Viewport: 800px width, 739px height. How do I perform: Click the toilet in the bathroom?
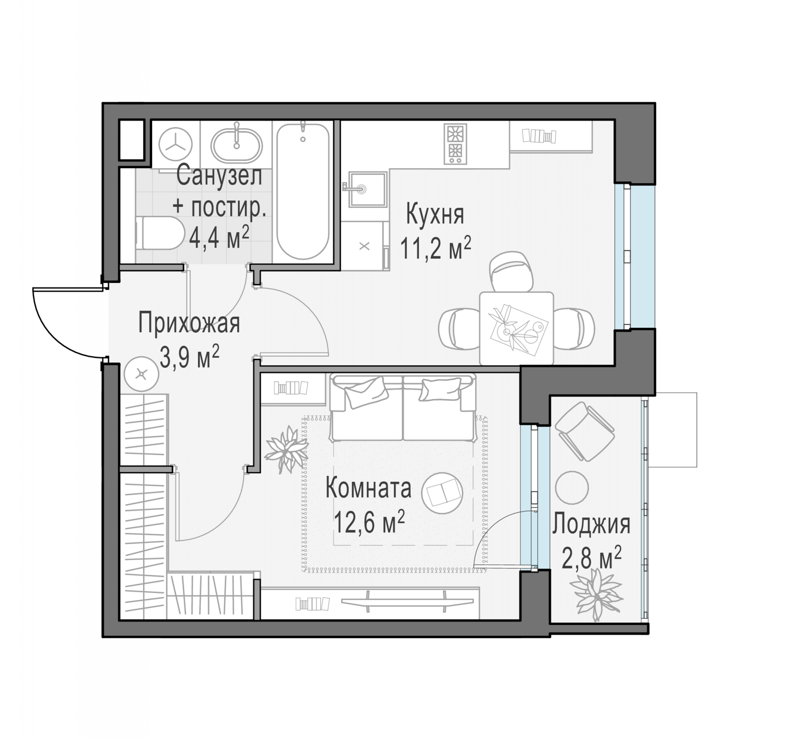click(x=160, y=233)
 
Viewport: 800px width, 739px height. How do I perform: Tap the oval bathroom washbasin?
click(x=237, y=146)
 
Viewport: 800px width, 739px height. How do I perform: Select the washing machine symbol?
click(x=175, y=145)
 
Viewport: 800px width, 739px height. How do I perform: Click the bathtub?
click(x=303, y=191)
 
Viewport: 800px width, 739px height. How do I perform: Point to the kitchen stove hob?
click(x=455, y=144)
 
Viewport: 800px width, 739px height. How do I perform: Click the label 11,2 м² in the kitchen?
click(x=435, y=248)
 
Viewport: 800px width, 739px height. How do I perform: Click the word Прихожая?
click(x=189, y=324)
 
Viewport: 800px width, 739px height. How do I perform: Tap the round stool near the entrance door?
click(x=141, y=374)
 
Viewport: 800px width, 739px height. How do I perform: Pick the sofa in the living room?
click(x=403, y=408)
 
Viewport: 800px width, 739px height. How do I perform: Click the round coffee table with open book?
click(x=442, y=493)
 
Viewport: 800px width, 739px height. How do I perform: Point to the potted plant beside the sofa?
click(x=286, y=449)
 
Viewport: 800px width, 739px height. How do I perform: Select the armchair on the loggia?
click(x=585, y=431)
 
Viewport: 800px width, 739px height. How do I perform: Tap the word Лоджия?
click(x=591, y=525)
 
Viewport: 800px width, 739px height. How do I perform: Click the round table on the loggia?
click(x=572, y=487)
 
